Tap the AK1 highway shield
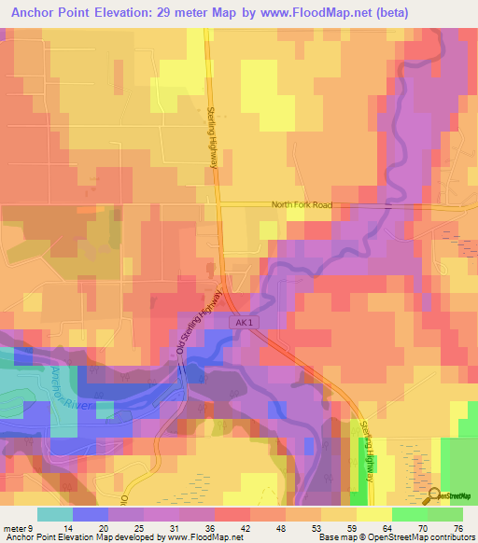click(244, 321)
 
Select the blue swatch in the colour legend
click(90, 514)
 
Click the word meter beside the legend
click(16, 528)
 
